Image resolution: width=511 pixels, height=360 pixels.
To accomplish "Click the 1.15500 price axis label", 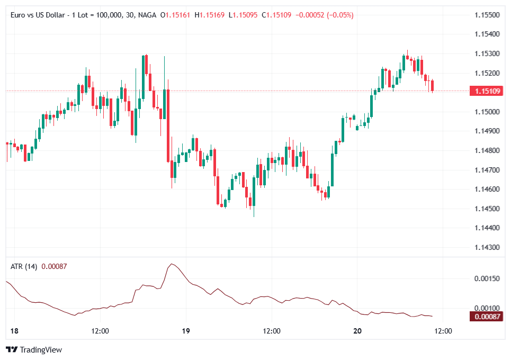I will [487, 15].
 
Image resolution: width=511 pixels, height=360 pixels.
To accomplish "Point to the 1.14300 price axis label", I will [487, 247].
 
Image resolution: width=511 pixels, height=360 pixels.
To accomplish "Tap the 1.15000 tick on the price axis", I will [487, 112].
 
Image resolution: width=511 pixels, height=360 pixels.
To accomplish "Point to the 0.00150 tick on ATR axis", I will [487, 278].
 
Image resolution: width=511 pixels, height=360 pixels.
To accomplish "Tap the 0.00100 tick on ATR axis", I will [487, 308].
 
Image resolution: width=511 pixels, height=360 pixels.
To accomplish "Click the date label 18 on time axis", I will [14, 331].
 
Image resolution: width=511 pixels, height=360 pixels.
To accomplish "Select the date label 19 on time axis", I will [185, 331].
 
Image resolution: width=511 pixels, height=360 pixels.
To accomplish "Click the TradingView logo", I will [34, 349].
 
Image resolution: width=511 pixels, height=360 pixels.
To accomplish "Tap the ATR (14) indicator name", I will [24, 266].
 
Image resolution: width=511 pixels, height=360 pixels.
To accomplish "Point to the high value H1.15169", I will [210, 15].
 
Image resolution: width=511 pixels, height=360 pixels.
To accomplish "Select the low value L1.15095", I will [243, 15].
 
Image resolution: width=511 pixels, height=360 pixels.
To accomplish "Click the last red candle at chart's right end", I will [433, 86].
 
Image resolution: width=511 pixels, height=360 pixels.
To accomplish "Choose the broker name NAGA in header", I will [147, 15].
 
